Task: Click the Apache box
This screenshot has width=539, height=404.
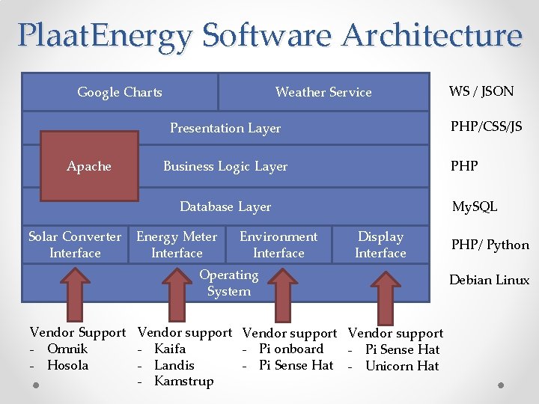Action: click(x=89, y=166)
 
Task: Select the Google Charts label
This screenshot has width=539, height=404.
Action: click(x=120, y=92)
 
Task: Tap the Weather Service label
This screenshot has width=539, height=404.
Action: click(x=323, y=92)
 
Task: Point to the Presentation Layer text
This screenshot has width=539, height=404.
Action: click(x=225, y=128)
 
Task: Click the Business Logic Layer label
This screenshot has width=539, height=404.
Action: click(x=225, y=166)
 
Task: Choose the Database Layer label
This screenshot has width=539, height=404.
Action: click(x=225, y=206)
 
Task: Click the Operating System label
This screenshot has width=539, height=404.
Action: click(x=228, y=283)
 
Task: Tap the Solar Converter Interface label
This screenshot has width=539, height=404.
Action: click(x=75, y=245)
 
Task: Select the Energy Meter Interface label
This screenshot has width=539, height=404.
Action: click(x=177, y=245)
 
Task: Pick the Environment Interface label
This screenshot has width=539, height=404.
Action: click(x=278, y=245)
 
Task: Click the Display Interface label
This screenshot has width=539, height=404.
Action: click(x=380, y=245)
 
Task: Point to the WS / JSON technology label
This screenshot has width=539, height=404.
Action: click(x=481, y=91)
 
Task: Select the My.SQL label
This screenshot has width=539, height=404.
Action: click(x=474, y=206)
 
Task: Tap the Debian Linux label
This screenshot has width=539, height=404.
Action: click(x=489, y=280)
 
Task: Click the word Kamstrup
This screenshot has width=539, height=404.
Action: click(x=183, y=381)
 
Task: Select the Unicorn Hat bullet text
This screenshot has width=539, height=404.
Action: click(x=402, y=366)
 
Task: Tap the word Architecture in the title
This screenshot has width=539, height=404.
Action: click(x=431, y=35)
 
